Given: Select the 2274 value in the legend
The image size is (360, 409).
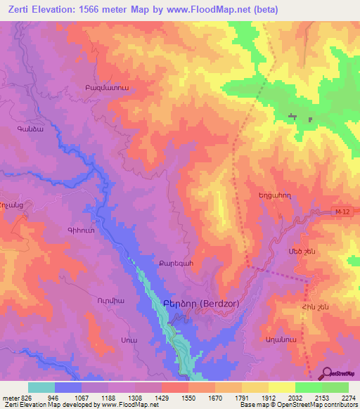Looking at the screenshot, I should pyautogui.click(x=346, y=398).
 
